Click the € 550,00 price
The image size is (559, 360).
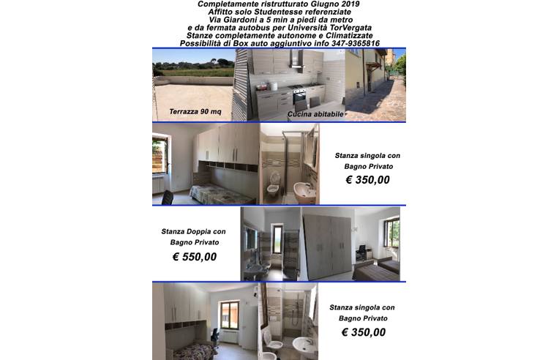tap(194, 257)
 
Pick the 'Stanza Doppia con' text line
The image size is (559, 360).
tap(194, 231)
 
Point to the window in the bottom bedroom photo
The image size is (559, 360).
tap(235, 312)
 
